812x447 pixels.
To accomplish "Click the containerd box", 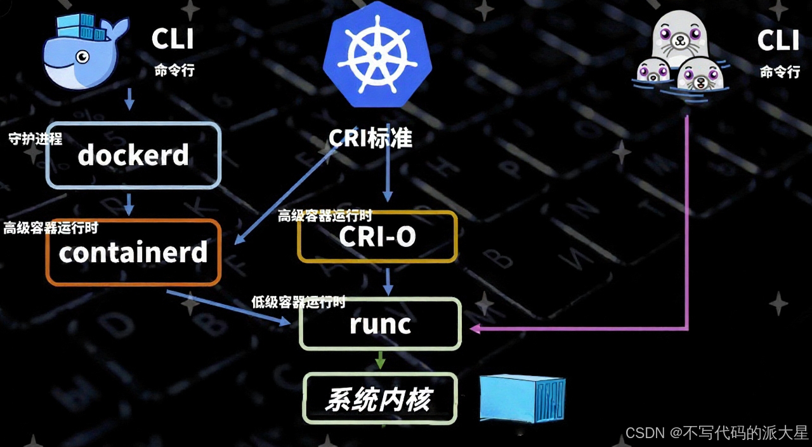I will pos(133,253).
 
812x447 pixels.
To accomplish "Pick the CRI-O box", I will pos(377,237).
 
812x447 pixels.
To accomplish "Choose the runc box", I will pos(380,324).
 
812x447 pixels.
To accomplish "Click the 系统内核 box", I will pos(379,399).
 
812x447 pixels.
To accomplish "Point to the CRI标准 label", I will pos(370,138).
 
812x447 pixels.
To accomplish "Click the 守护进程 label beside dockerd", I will pos(36,139).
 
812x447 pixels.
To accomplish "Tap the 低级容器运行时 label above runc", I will pos(298,302).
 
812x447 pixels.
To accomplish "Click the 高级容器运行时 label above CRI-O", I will pos(325,216).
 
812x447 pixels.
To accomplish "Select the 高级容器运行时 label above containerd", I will pos(51,228).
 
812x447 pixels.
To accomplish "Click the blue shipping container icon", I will pos(521,397).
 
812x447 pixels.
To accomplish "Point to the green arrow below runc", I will pos(380,360).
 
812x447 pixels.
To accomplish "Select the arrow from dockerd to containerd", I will pos(130,204).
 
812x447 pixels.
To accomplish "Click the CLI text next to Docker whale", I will pos(173,39).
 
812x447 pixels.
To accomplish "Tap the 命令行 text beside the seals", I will pos(780,72).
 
